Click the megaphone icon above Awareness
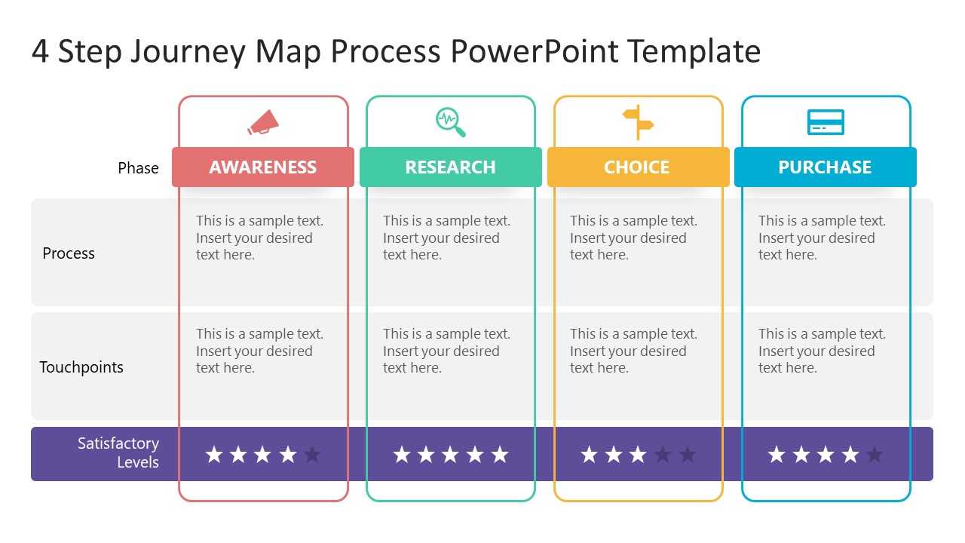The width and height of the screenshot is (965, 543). pos(263,122)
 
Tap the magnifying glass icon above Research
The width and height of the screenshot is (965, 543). pos(450,122)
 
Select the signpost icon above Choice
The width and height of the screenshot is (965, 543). pos(638,122)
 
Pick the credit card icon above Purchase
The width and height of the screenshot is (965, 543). pos(826,122)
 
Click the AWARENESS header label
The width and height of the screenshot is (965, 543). pos(263,167)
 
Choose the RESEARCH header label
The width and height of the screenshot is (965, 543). pos(450,167)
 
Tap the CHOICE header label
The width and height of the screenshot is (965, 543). pos(637,167)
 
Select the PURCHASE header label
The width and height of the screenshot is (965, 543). pos(825,167)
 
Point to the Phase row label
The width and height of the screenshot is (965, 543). pos(138,168)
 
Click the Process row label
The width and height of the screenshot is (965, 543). pos(69,253)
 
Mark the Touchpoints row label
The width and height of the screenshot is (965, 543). pos(81,367)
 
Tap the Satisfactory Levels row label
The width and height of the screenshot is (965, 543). pos(118,452)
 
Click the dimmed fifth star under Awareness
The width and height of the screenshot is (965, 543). pos(312,454)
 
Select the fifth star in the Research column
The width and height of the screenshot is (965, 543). pos(499,454)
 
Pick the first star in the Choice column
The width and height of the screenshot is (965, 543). pos(590,454)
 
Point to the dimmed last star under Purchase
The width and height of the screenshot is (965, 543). pos(875,454)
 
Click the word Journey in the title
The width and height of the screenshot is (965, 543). pos(188,51)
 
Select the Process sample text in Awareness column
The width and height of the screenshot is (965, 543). pos(259,238)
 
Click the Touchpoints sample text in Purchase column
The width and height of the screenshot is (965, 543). pos(822,351)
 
